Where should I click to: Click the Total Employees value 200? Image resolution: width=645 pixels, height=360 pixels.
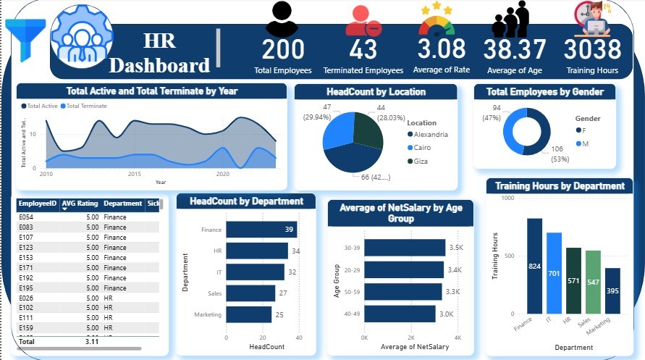[283, 49]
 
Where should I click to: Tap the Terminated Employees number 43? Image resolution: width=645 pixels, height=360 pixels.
[363, 49]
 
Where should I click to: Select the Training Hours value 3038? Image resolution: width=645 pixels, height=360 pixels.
[592, 49]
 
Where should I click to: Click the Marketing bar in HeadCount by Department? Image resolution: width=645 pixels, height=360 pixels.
[248, 314]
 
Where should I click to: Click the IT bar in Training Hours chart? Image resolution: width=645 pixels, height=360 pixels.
[554, 273]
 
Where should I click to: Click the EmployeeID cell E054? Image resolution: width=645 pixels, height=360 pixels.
[27, 217]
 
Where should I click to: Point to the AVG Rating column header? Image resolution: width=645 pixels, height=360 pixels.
[79, 204]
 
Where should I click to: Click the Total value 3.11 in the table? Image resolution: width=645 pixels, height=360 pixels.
[91, 340]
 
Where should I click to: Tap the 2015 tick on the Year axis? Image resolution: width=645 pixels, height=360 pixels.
[135, 175]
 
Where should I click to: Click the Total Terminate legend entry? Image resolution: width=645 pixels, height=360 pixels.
[85, 106]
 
